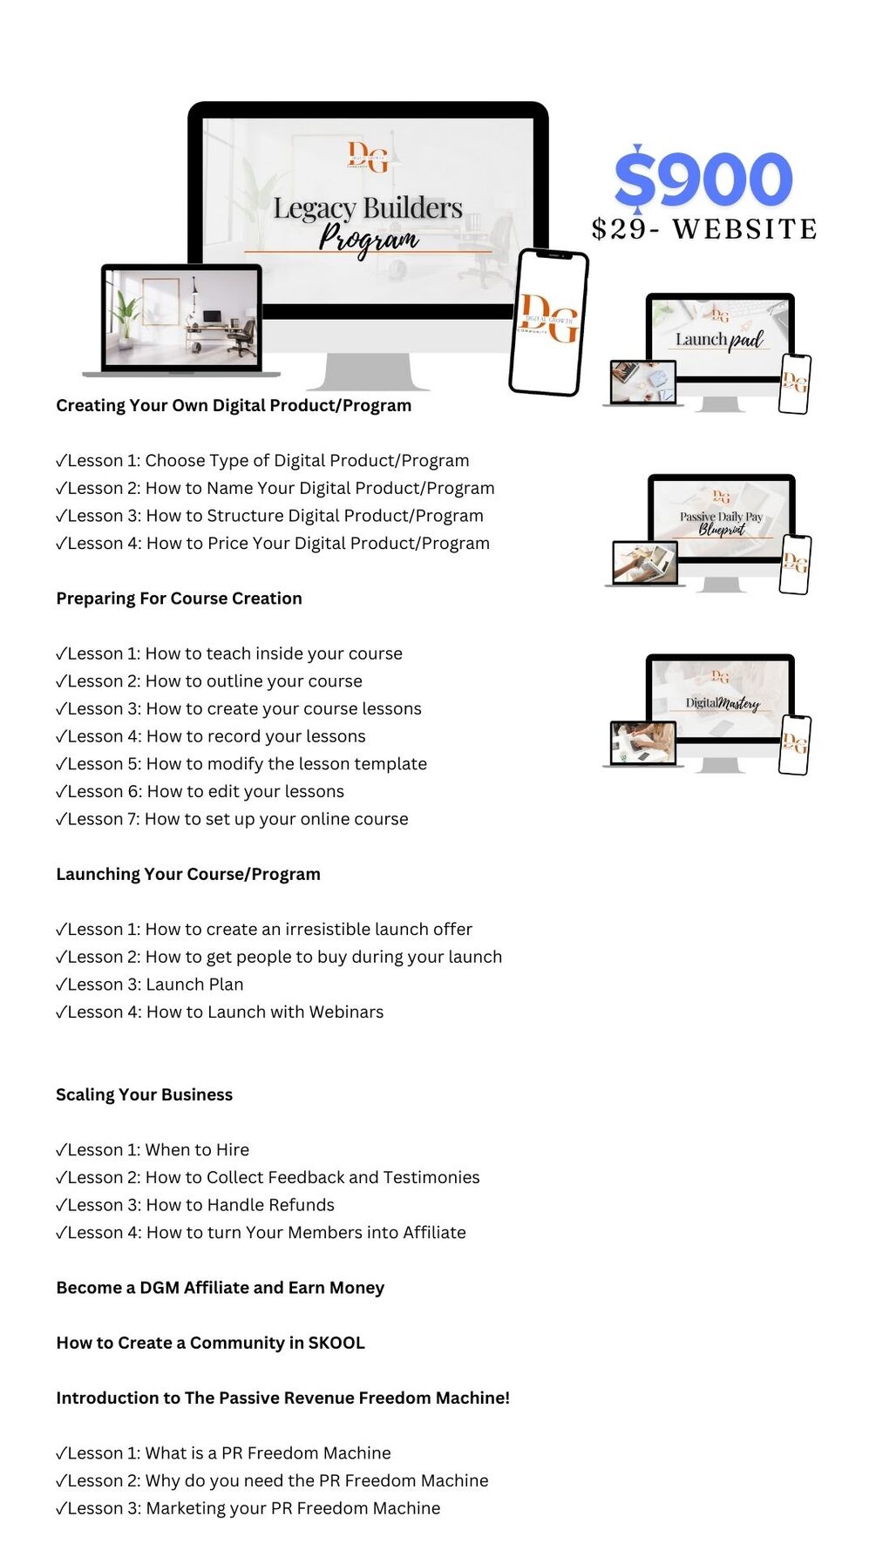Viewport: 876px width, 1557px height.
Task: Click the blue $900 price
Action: click(703, 179)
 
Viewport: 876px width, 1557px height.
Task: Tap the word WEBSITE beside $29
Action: click(744, 229)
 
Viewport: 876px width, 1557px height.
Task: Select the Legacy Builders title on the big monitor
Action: click(368, 208)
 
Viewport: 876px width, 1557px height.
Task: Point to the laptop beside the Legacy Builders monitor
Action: click(181, 319)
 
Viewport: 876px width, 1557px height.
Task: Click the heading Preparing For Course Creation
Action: click(179, 599)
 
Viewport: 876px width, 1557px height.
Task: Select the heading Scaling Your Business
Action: click(144, 1094)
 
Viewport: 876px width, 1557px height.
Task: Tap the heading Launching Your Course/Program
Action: click(188, 874)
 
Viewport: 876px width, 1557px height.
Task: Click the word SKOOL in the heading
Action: click(336, 1343)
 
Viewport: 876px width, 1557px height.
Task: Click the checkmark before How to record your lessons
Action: click(61, 737)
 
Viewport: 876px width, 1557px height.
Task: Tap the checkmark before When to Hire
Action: click(61, 1150)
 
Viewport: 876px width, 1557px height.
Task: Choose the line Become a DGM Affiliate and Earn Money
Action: click(220, 1288)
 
